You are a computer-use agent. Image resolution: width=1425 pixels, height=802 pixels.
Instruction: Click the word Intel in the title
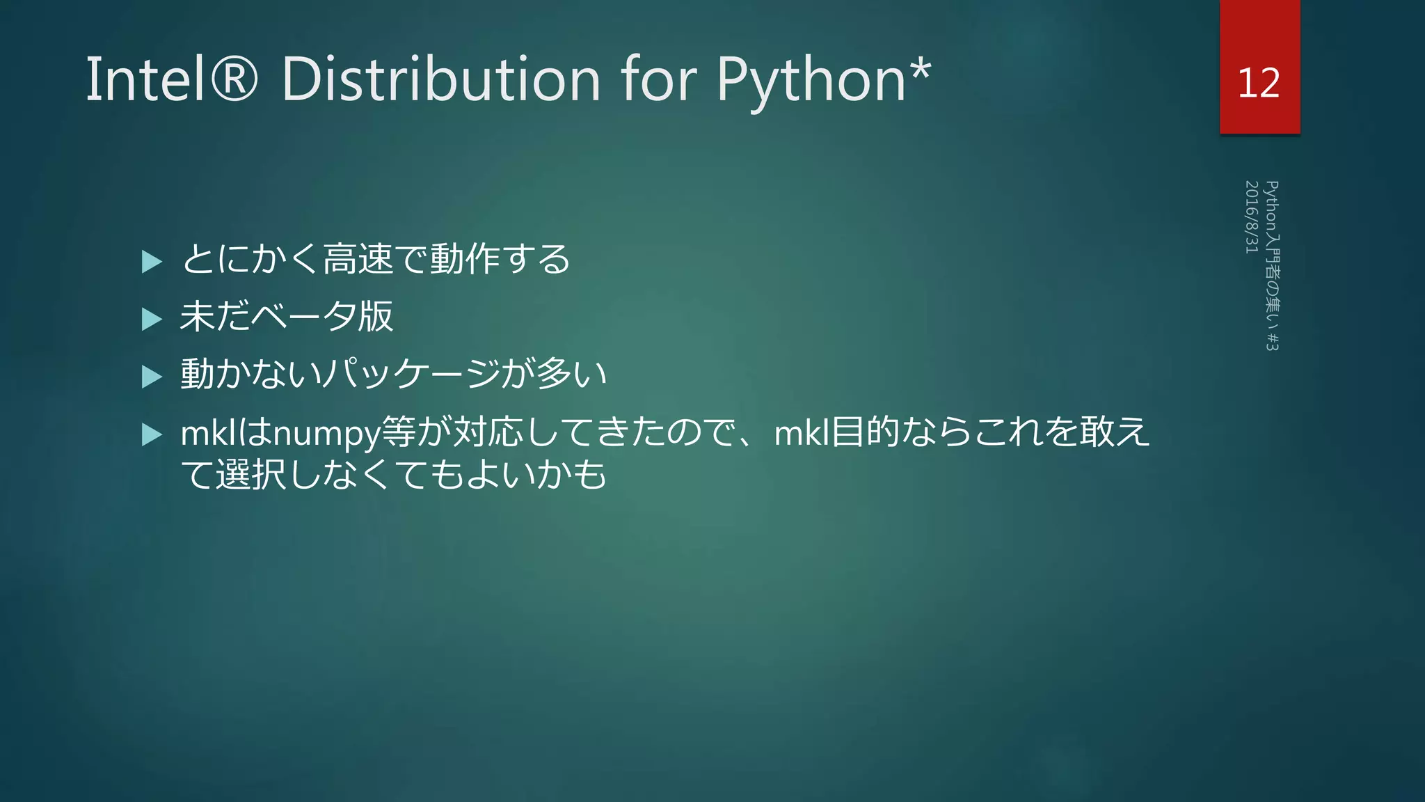point(145,79)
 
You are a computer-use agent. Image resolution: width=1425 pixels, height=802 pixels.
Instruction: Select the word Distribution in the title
point(440,79)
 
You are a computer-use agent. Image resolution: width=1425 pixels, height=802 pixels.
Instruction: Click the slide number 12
point(1259,83)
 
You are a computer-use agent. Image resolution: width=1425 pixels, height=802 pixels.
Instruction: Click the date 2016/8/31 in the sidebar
point(1251,217)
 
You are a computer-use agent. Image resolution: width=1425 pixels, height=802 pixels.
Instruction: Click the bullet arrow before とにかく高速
point(151,262)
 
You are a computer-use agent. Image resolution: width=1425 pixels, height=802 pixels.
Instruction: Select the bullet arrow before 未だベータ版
point(151,319)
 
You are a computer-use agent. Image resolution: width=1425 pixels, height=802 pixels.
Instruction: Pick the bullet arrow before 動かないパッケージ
point(151,377)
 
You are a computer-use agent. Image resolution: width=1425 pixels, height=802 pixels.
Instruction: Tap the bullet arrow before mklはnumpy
point(151,434)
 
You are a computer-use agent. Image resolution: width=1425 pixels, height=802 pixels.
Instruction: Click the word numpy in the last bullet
point(326,434)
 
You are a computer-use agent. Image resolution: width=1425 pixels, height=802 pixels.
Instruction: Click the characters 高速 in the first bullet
point(358,259)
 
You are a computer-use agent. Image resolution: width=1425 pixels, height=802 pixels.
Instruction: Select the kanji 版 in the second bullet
point(376,317)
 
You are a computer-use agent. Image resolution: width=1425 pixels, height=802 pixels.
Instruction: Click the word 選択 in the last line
point(250,475)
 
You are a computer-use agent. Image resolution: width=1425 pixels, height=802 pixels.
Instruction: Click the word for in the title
point(658,79)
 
